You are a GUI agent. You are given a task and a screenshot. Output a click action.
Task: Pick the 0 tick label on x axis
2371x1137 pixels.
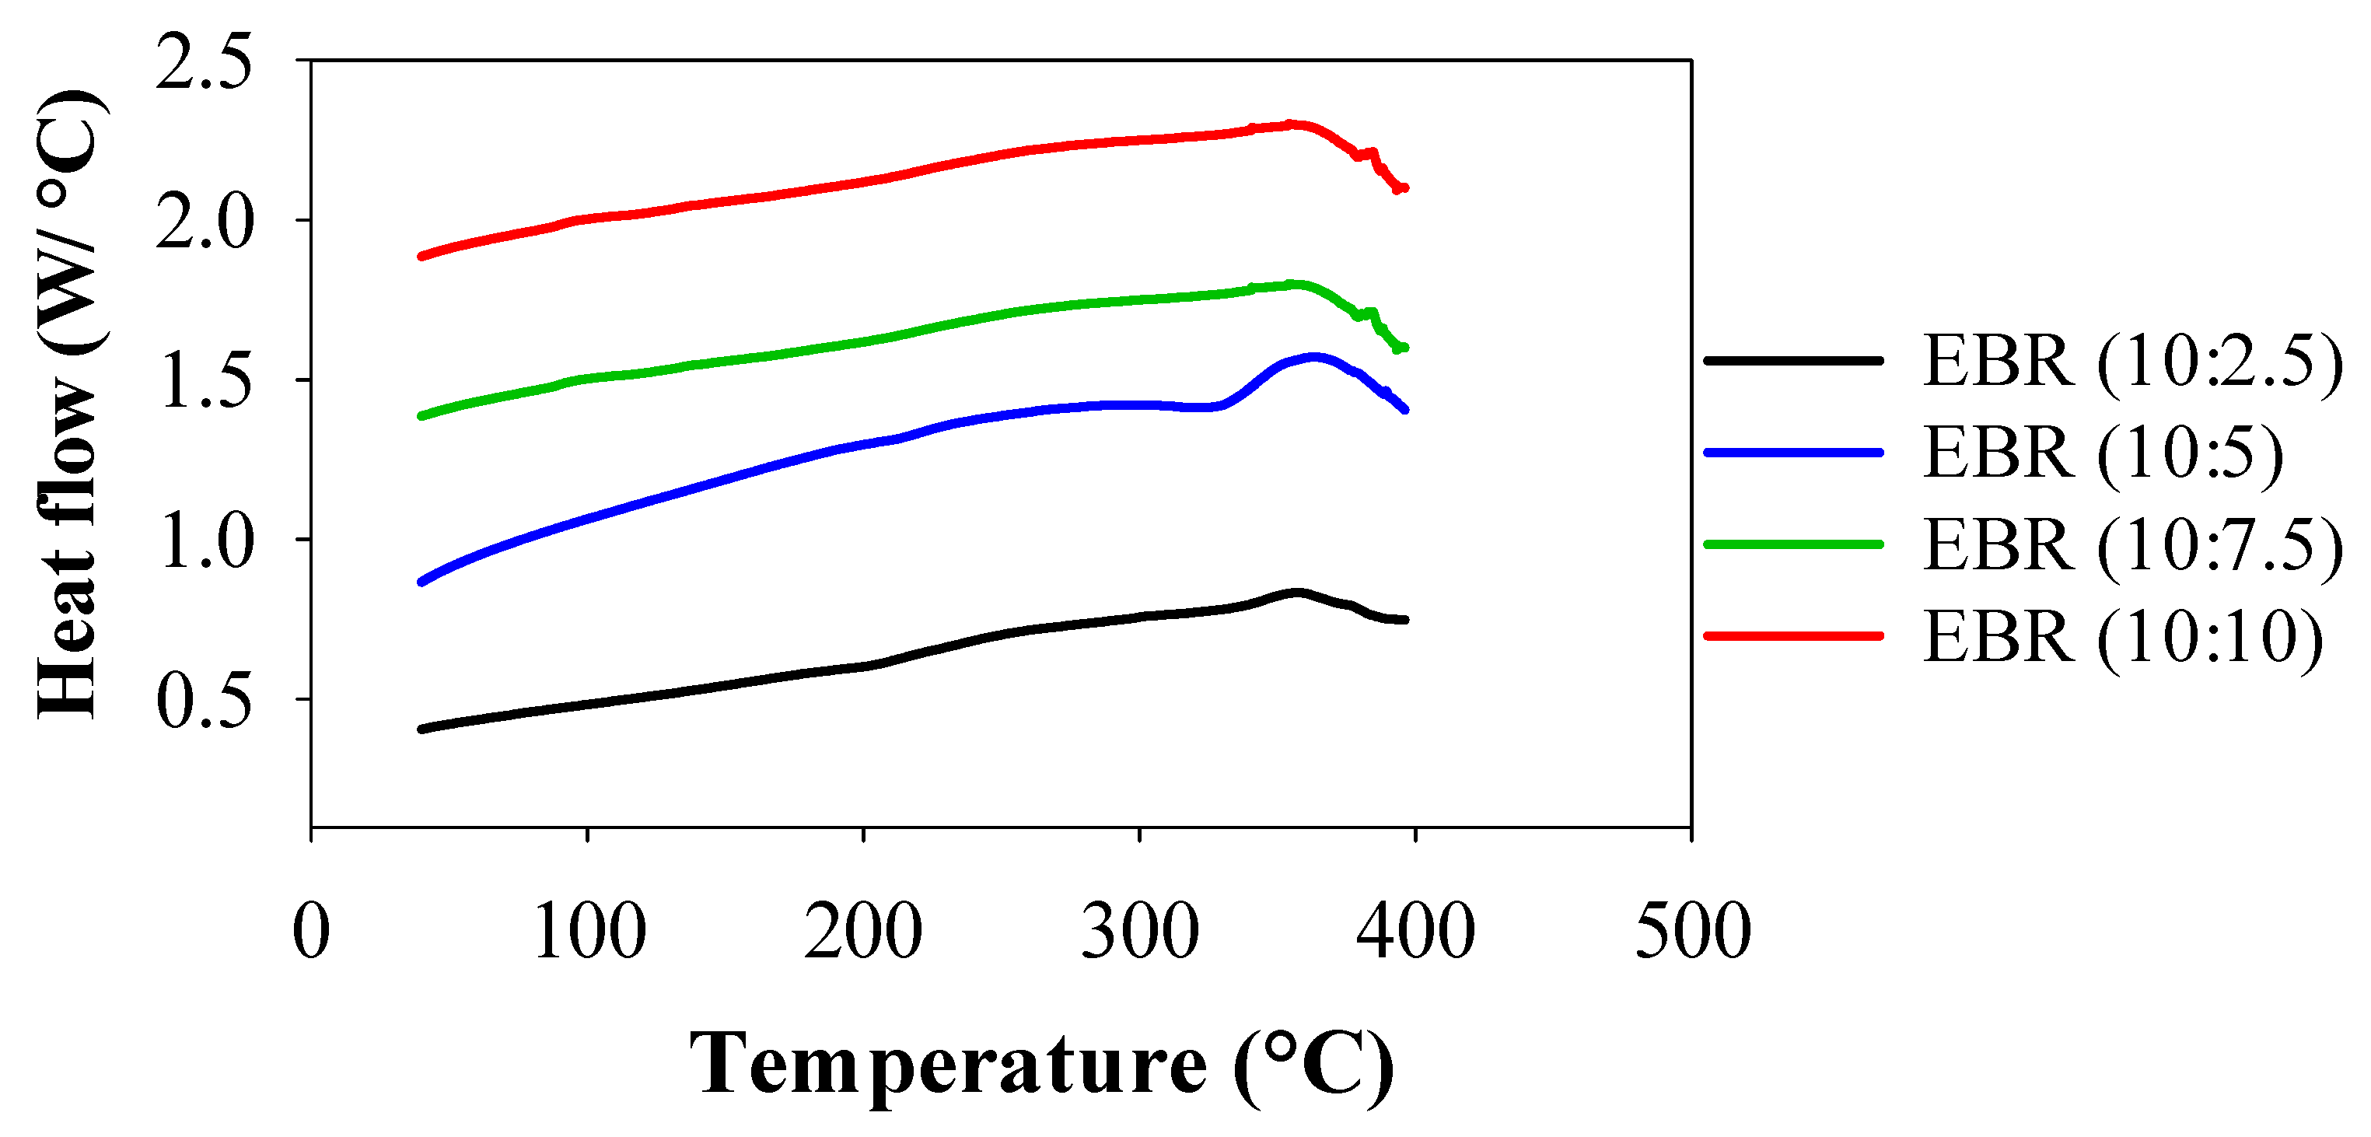[x=311, y=931]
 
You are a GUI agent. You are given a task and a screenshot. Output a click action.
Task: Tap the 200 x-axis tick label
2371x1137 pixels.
[x=863, y=931]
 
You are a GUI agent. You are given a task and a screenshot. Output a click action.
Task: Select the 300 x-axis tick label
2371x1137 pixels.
[x=1139, y=931]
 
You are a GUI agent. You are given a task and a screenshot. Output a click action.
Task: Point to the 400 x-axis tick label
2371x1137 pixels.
[x=1415, y=931]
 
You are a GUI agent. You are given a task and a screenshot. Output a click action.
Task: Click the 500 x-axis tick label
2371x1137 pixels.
[x=1691, y=931]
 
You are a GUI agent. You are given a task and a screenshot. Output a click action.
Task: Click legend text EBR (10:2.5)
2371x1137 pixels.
[x=2131, y=362]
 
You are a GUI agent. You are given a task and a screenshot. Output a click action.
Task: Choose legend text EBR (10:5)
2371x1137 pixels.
[x=2102, y=453]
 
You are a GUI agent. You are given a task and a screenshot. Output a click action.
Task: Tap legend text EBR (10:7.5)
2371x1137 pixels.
[x=2131, y=545]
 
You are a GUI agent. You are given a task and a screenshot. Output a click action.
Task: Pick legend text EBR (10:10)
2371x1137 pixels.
[x=2121, y=637]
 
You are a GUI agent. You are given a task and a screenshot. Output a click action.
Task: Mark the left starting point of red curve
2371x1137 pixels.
[x=421, y=256]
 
